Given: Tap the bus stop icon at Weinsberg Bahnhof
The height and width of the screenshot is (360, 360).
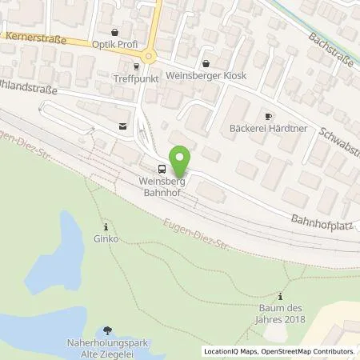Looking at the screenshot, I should (162, 169).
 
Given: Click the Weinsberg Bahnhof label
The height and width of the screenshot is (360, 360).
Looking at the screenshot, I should (151, 186).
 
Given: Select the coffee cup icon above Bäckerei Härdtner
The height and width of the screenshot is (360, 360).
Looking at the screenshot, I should (269, 116).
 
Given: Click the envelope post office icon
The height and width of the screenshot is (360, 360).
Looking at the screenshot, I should (122, 126).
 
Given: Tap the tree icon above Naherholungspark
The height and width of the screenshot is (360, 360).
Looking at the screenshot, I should (108, 330).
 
